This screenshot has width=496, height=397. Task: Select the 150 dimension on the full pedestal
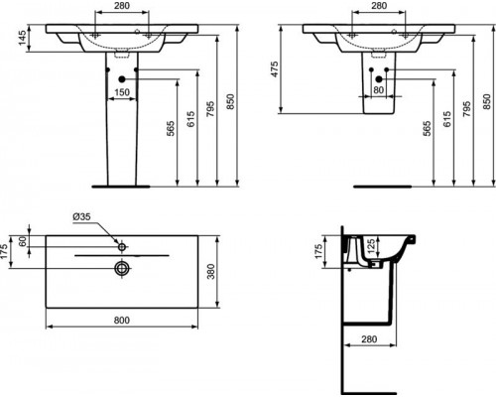click(120, 92)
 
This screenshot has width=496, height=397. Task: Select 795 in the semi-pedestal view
click(462, 104)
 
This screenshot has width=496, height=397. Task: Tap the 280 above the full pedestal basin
click(120, 6)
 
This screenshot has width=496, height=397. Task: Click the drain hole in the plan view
click(121, 267)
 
